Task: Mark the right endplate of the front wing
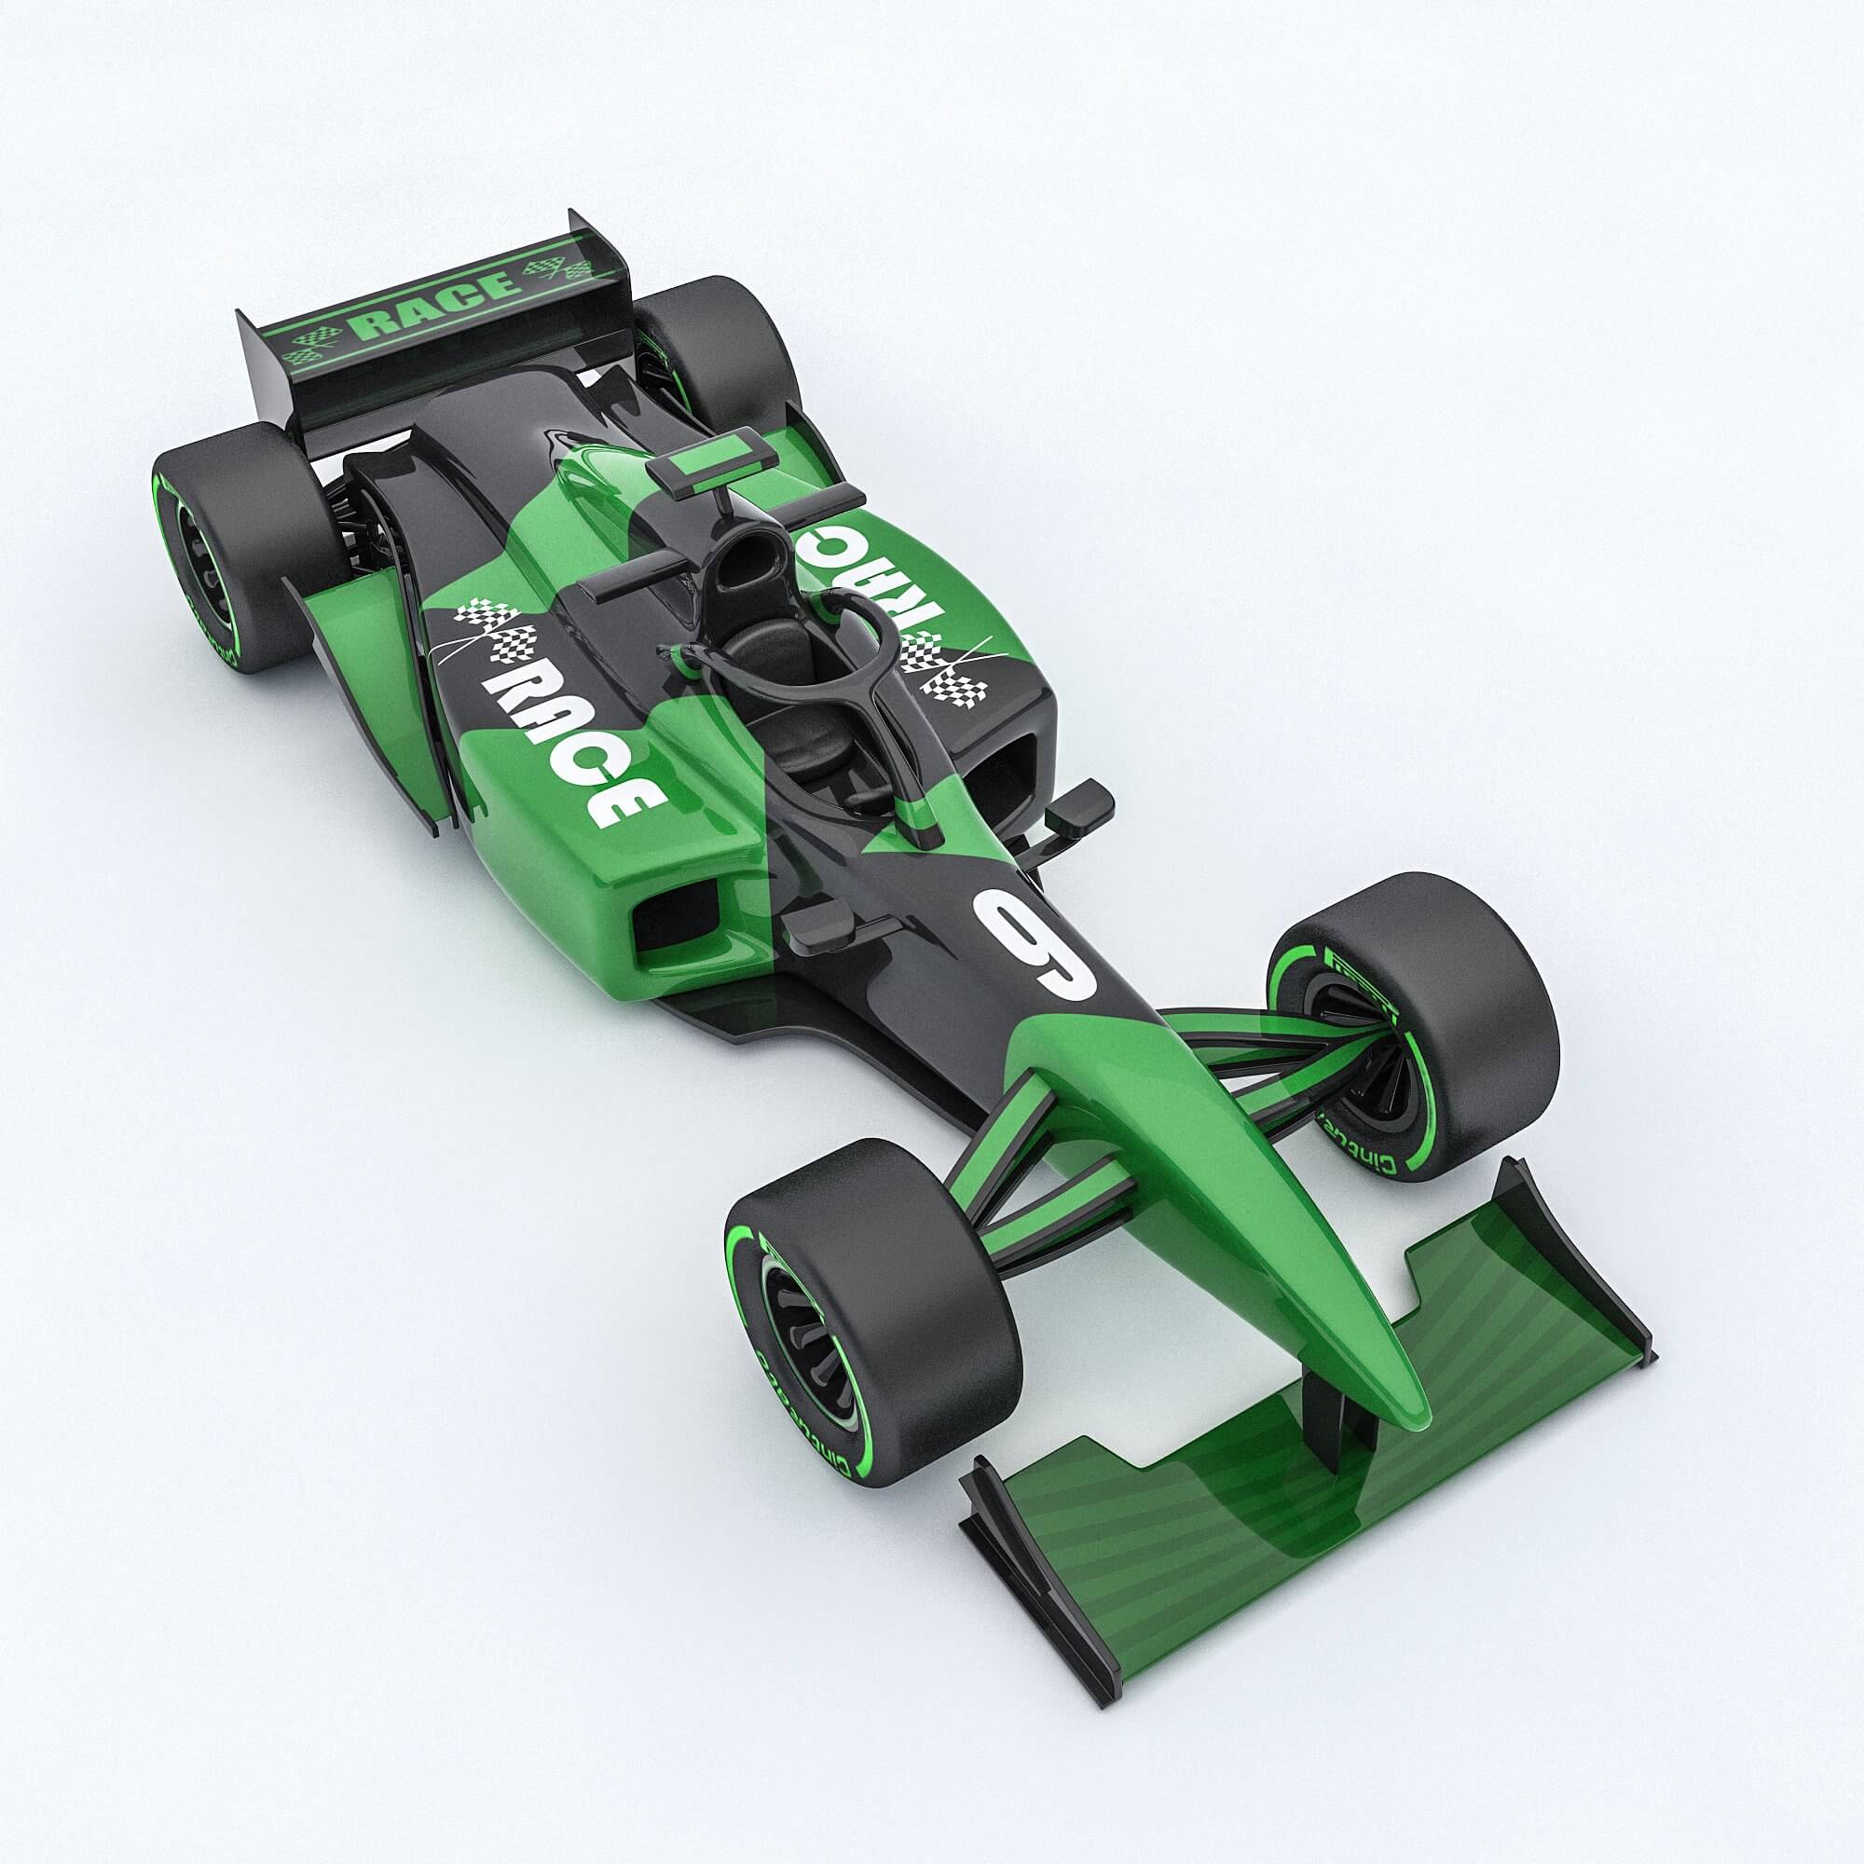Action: coord(1583,1254)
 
